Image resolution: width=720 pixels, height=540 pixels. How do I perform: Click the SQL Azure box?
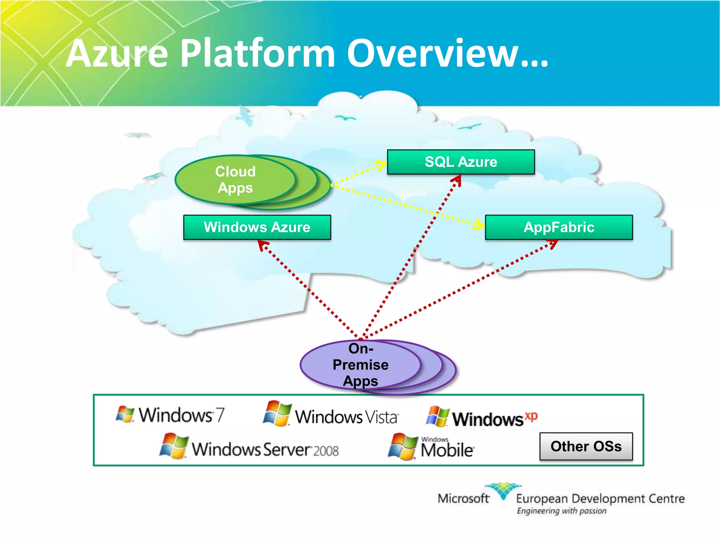(x=461, y=162)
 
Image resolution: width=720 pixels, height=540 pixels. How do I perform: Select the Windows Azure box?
(x=257, y=227)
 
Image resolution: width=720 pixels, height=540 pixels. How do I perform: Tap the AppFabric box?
(x=559, y=227)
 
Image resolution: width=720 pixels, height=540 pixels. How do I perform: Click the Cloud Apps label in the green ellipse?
(x=235, y=180)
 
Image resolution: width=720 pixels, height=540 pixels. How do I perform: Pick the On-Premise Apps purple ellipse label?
(x=360, y=365)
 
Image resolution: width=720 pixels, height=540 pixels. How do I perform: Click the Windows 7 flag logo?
(x=125, y=414)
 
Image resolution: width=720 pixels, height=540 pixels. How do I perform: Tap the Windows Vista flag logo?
(x=277, y=413)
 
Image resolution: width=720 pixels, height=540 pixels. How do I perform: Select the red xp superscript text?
(x=531, y=416)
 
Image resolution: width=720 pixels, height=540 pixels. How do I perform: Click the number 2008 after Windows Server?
(x=326, y=451)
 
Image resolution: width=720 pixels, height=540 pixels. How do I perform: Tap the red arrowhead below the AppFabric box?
(x=553, y=243)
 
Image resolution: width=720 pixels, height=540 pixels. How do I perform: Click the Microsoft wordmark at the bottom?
(x=463, y=499)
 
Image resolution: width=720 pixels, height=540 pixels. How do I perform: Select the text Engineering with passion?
(x=561, y=511)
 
